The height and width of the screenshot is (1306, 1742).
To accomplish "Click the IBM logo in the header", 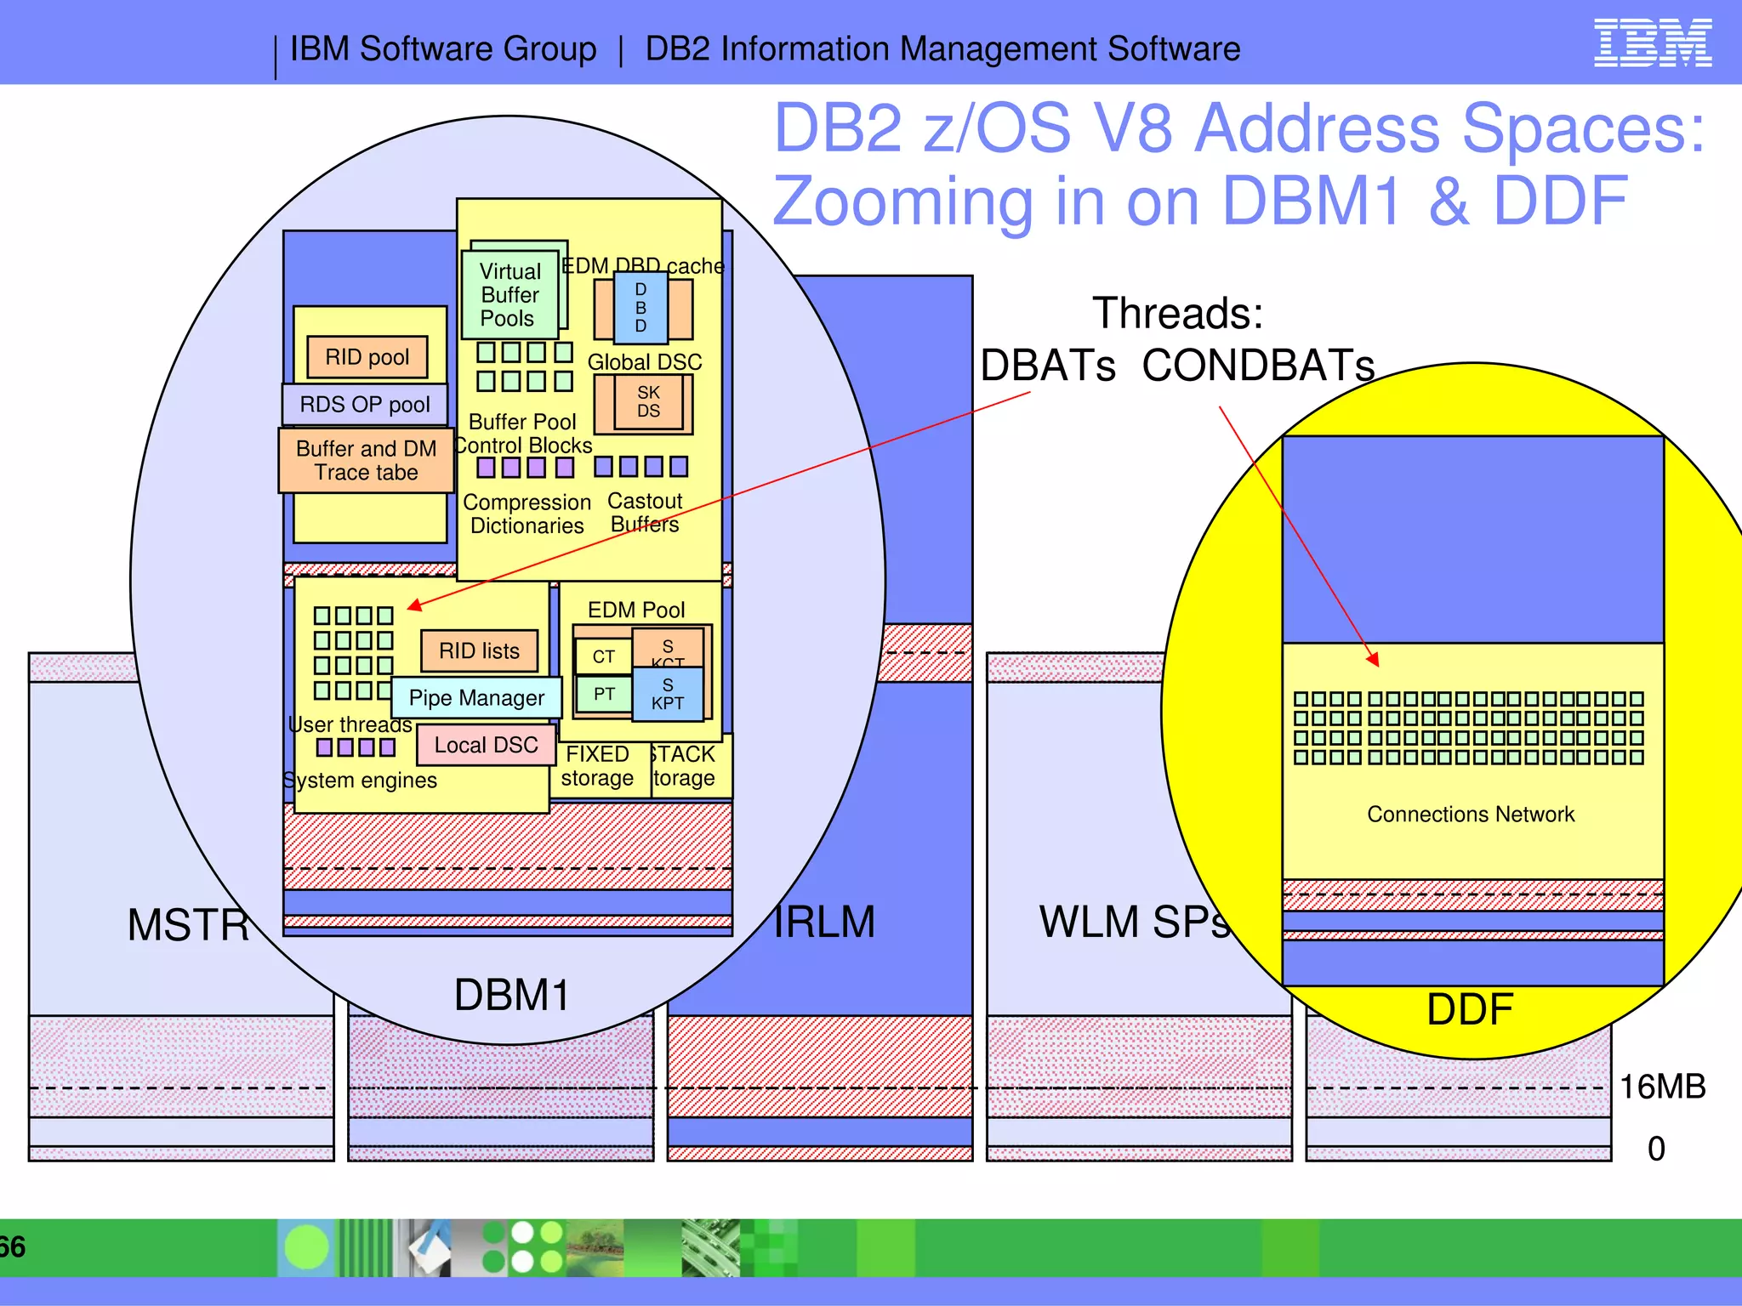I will (x=1652, y=43).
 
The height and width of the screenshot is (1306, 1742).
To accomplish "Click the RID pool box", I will (x=367, y=357).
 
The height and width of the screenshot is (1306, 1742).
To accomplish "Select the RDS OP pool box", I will (x=365, y=405).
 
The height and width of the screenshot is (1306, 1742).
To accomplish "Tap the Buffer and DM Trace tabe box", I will (x=366, y=461).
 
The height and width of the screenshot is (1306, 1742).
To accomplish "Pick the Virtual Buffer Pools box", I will (x=510, y=295).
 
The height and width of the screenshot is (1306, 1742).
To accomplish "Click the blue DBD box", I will (x=640, y=308).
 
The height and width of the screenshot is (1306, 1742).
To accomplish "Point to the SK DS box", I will (x=648, y=402).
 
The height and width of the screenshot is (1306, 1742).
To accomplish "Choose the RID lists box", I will (x=479, y=651).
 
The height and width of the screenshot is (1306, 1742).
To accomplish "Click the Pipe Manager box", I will (x=476, y=698).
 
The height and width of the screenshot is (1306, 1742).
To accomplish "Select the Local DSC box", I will (x=486, y=746).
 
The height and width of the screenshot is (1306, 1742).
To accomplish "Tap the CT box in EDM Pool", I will (x=603, y=656).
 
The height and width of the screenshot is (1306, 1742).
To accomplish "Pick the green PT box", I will (x=604, y=695).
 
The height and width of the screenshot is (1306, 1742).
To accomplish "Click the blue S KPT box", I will (x=668, y=695).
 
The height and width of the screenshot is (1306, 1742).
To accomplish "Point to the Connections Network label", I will (x=1471, y=815).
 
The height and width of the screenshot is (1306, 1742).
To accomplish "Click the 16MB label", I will (x=1662, y=1087).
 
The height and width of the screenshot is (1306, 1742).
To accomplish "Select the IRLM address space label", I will (x=824, y=923).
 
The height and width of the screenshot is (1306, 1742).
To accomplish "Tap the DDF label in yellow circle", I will (x=1470, y=1010).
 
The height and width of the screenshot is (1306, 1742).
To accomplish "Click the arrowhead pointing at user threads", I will (x=414, y=605).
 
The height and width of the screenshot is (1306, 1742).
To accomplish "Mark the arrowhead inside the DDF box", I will (x=1373, y=659).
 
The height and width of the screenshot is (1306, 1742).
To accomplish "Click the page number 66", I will (x=13, y=1247).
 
